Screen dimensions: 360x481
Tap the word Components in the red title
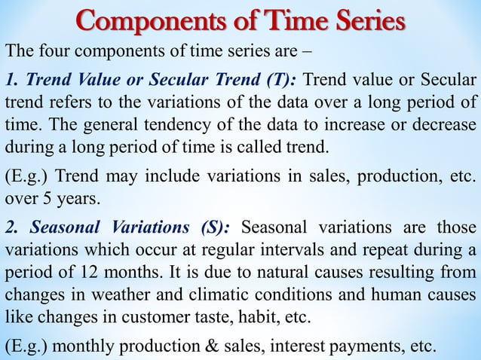tap(131, 21)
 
